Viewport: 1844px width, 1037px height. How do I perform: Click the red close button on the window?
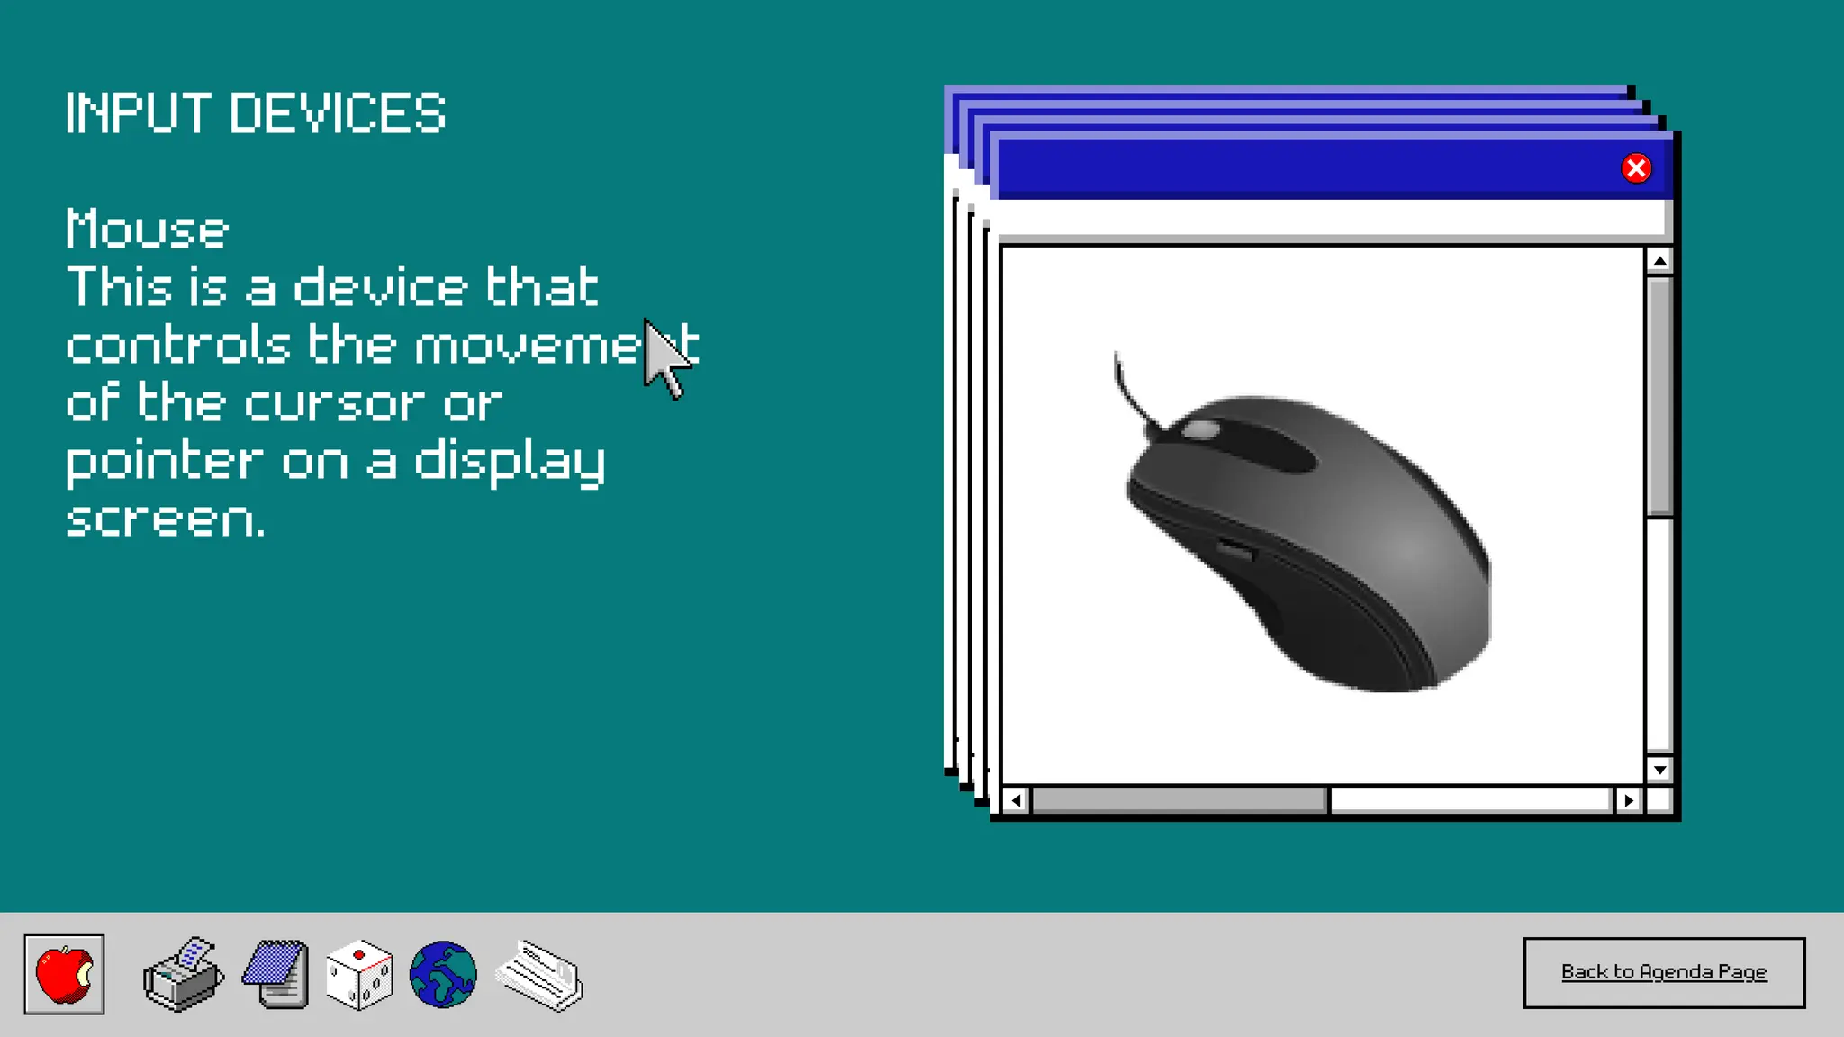[1635, 168]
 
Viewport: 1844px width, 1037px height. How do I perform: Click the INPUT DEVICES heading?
[256, 114]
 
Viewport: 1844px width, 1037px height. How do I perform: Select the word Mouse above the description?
[148, 230]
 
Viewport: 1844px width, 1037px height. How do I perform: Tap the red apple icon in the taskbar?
[64, 974]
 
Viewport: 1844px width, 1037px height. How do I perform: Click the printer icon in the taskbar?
[184, 975]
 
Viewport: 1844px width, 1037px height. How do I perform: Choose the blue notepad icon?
[276, 975]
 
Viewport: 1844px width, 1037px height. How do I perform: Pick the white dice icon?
[359, 976]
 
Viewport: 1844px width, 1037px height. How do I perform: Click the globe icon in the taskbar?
[443, 975]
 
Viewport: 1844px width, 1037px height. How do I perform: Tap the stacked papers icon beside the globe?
[540, 976]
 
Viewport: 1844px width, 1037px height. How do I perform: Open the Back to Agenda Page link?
[1663, 972]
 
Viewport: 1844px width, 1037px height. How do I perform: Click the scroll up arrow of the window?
[1659, 261]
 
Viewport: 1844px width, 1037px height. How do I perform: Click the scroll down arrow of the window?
[1659, 770]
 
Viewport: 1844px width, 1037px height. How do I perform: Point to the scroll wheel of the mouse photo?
[1200, 430]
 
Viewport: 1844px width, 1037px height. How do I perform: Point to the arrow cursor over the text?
[664, 356]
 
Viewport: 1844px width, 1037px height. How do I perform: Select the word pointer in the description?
[165, 463]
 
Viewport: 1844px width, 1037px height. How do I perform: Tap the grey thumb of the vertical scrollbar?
[1659, 396]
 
